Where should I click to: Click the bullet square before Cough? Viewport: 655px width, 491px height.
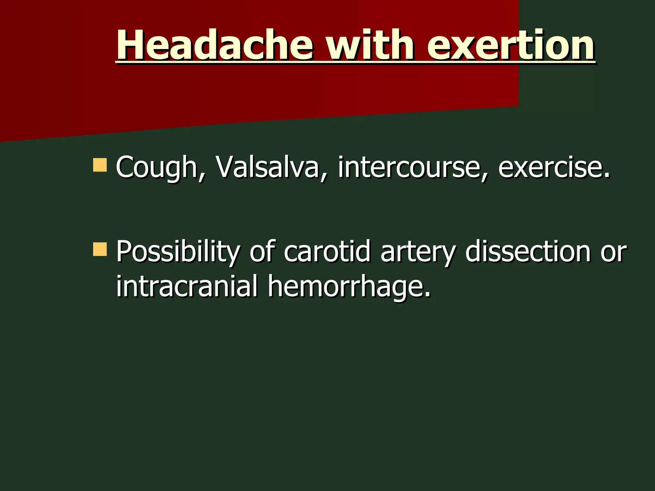click(x=100, y=165)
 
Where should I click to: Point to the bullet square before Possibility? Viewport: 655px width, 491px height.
click(x=100, y=249)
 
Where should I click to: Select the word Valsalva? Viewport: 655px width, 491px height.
click(x=267, y=167)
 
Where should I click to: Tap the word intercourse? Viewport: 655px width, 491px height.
click(x=410, y=167)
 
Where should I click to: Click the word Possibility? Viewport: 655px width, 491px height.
click(x=178, y=252)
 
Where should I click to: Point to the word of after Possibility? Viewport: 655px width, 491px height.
click(x=262, y=251)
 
